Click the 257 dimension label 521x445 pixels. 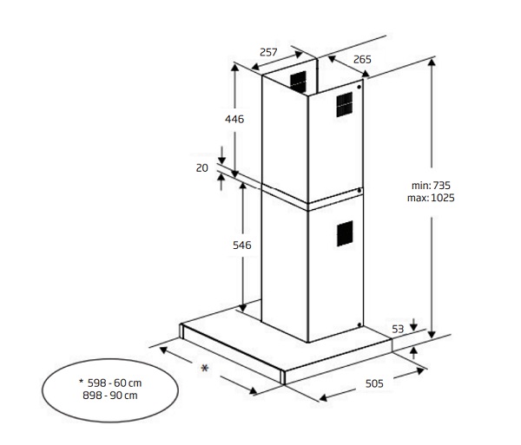coord(268,52)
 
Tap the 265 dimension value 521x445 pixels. coord(362,59)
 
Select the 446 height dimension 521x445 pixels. coord(234,119)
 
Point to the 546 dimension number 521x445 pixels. coord(242,245)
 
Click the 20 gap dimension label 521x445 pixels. coord(202,168)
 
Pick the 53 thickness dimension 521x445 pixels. coord(398,329)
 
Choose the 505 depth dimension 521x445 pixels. coord(374,383)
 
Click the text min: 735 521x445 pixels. coord(431,185)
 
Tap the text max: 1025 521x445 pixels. coord(431,198)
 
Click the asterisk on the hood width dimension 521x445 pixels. coord(205,368)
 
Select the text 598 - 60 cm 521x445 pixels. coord(115,383)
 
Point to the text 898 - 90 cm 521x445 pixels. coord(110,396)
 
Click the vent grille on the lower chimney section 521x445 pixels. coord(345,233)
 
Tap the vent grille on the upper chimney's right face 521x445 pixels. coord(344,105)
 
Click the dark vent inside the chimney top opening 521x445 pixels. coord(298,82)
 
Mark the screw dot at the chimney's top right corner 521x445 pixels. coord(359,88)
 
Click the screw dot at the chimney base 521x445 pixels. coord(359,324)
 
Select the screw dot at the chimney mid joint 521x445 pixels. coord(359,191)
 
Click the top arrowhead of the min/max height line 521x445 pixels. coord(432,62)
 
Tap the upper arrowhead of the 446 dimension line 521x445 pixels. coord(235,68)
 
